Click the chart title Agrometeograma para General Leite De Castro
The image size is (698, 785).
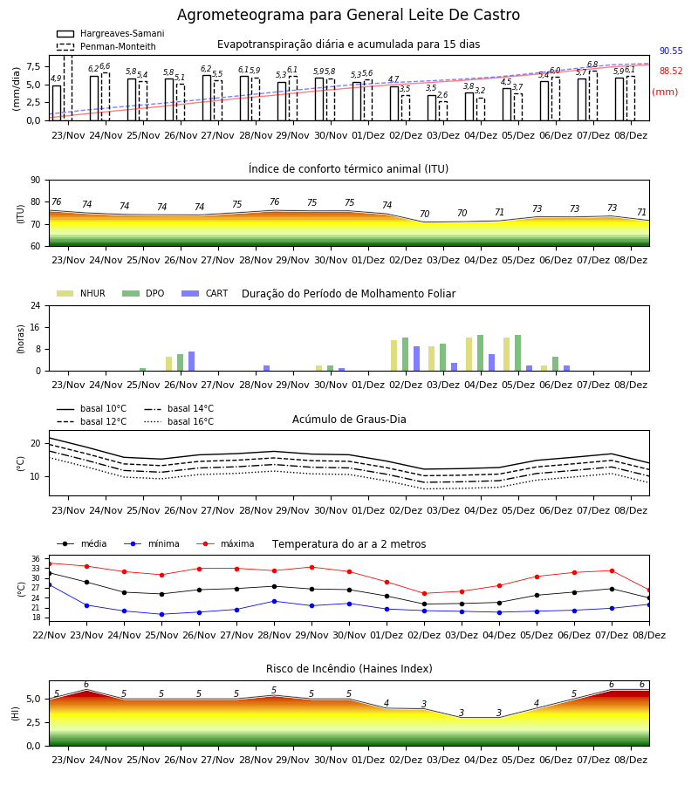click(348, 15)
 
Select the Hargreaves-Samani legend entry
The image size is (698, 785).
click(110, 33)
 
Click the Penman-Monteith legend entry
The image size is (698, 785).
click(106, 46)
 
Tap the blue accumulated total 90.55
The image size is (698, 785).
click(671, 51)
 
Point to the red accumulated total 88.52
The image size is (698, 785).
click(671, 72)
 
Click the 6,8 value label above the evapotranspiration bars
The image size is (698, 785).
click(592, 65)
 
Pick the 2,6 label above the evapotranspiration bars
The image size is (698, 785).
click(442, 94)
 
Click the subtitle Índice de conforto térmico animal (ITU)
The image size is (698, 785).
click(348, 168)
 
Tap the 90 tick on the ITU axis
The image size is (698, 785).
click(36, 181)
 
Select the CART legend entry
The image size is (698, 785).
click(205, 293)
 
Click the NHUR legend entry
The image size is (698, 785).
click(81, 293)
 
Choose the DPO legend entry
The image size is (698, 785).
click(143, 293)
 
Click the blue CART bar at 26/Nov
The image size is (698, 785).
click(192, 361)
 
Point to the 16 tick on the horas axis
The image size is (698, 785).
click(36, 327)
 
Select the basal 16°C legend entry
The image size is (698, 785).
click(179, 421)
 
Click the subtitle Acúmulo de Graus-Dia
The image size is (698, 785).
click(349, 420)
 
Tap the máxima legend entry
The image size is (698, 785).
click(225, 543)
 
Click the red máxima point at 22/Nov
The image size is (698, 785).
click(49, 563)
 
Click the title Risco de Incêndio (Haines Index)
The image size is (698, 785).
click(349, 669)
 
